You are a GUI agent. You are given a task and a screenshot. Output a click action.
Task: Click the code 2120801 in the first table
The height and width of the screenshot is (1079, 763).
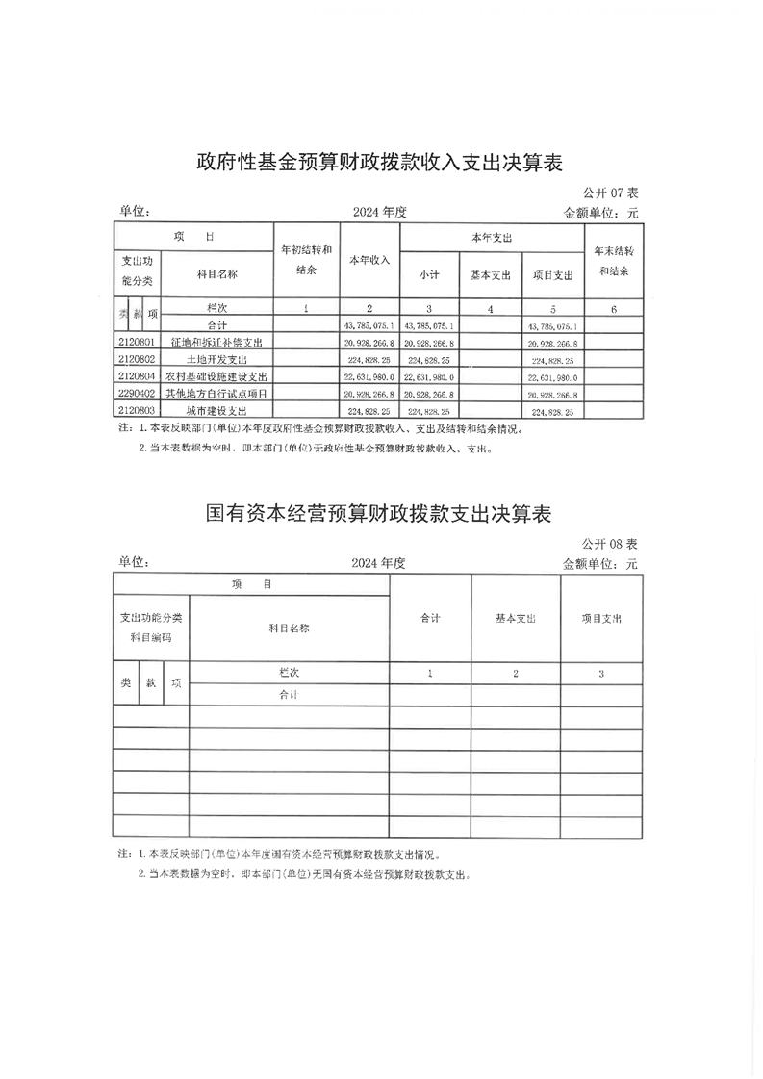(136, 343)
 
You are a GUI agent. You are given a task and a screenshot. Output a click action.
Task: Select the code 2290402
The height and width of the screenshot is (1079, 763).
(136, 394)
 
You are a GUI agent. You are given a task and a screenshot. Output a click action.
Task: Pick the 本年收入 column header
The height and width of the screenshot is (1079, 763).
(369, 261)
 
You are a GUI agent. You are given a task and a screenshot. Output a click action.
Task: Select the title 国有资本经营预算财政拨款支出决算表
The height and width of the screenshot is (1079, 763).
(378, 513)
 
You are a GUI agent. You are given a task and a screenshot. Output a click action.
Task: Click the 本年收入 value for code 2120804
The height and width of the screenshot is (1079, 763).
(369, 376)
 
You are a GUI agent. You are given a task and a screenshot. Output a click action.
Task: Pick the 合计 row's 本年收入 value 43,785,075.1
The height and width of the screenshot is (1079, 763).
(369, 326)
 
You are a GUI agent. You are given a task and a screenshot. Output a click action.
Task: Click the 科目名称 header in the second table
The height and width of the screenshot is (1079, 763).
(289, 629)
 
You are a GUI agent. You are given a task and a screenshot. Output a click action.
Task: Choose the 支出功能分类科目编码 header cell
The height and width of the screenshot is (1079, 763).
(150, 628)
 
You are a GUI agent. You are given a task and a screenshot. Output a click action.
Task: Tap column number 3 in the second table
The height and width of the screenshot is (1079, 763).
(600, 674)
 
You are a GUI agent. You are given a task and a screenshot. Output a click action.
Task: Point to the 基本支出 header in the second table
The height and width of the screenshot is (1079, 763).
(516, 618)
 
